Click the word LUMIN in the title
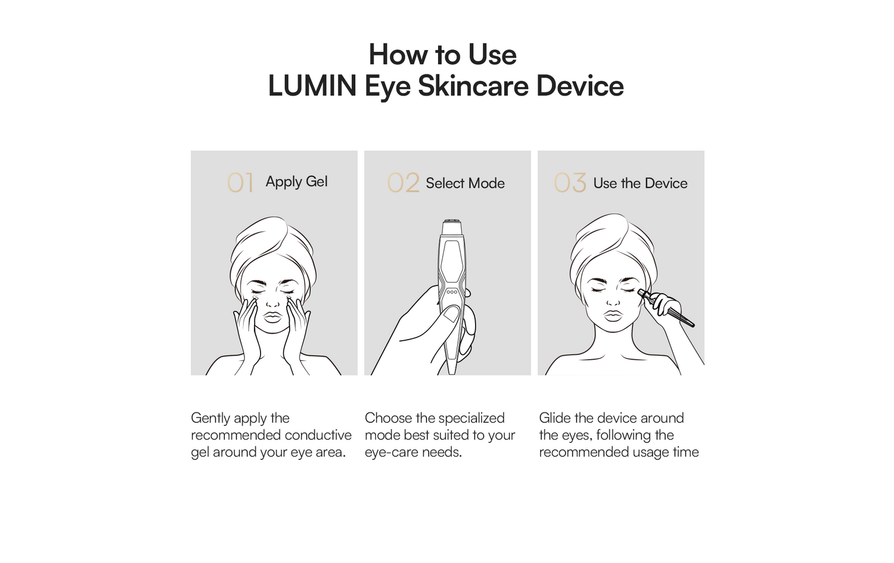pyautogui.click(x=312, y=86)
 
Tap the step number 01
pyautogui.click(x=240, y=183)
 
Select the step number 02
pyautogui.click(x=403, y=183)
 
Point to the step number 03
pyautogui.click(x=570, y=183)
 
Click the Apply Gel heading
pyautogui.click(x=297, y=182)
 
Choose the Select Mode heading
pyautogui.click(x=465, y=183)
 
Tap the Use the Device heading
pyautogui.click(x=640, y=183)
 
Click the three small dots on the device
pyautogui.click(x=452, y=292)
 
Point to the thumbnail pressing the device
pyautogui.click(x=451, y=313)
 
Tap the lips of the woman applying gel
pyautogui.click(x=273, y=317)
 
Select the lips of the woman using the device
pyautogui.click(x=613, y=315)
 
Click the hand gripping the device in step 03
pyautogui.click(x=663, y=304)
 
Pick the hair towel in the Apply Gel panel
pyautogui.click(x=272, y=247)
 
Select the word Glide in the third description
pyautogui.click(x=555, y=418)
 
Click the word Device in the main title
pyautogui.click(x=580, y=86)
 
